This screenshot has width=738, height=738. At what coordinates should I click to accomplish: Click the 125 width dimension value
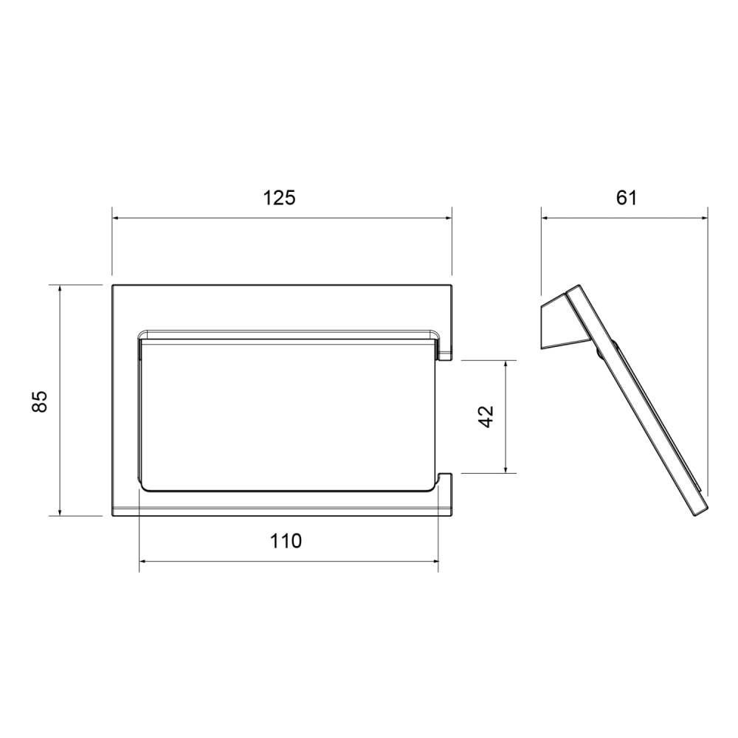[279, 198]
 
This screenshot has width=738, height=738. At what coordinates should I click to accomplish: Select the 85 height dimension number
[40, 401]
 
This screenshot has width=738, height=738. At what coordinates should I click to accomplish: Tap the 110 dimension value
[286, 541]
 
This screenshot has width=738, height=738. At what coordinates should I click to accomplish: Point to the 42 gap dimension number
[486, 416]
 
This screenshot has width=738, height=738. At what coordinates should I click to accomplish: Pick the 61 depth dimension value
[627, 198]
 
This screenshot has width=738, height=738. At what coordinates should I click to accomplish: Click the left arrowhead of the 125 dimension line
[115, 218]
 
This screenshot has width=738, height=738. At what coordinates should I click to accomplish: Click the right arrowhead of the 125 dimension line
[448, 218]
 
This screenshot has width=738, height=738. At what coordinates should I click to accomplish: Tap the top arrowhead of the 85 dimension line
[60, 288]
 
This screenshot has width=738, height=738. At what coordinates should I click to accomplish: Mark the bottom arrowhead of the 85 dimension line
[60, 512]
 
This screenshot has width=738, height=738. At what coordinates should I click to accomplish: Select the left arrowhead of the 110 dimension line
[142, 561]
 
